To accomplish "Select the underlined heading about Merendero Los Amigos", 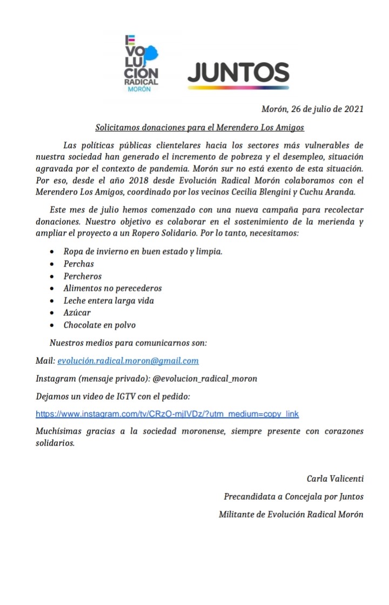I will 200,128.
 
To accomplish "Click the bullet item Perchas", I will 78,264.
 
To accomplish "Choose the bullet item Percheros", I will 82,276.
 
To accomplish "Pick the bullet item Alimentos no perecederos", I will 112,288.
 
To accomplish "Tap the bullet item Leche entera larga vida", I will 112,301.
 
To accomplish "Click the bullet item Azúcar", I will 77,313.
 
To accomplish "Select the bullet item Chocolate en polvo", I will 99,325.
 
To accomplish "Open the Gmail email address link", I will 128,361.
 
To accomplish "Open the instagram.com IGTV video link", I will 167,414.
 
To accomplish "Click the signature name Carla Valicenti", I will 335,478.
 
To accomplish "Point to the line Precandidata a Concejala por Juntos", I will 293,496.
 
